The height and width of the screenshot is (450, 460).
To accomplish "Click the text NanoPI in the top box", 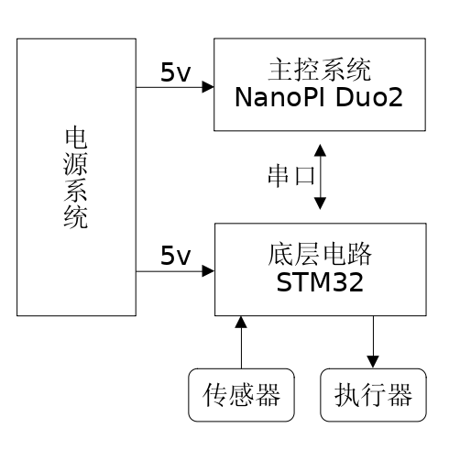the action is pos(279,97).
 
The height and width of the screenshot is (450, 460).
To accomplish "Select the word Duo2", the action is pos(369,97).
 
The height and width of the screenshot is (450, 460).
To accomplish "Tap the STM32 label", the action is pos(320,282).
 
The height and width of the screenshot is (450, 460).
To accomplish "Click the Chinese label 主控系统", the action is pos(320,70).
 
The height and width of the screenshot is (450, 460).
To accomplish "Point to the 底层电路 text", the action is pos(320,254).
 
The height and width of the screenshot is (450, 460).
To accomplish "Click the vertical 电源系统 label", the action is pos(76,178).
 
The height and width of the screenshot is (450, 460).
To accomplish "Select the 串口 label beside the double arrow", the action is pos(291,176).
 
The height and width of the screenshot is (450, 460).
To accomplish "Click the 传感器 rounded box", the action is pos(241,395).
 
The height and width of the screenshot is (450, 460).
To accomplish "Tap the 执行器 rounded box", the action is pos(373,395).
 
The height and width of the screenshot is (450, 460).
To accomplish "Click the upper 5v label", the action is pos(175,72).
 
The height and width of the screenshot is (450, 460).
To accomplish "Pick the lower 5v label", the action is pos(175,255).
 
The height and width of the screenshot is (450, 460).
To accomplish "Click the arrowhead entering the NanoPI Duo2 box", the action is pos(208,87).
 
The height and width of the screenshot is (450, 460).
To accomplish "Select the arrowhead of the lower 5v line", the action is pos(208,270).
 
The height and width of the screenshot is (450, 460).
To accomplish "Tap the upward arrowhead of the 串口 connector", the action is pos(320,150).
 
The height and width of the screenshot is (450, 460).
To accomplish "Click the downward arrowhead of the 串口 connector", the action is pos(320,203).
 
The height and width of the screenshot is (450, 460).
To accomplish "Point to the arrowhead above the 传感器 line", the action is pos(241,322).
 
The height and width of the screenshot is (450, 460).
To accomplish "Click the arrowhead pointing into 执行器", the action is pos(373,362).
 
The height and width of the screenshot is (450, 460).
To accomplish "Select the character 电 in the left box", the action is pos(76,138).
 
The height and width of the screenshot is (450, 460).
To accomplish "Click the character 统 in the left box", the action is pos(76,217).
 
